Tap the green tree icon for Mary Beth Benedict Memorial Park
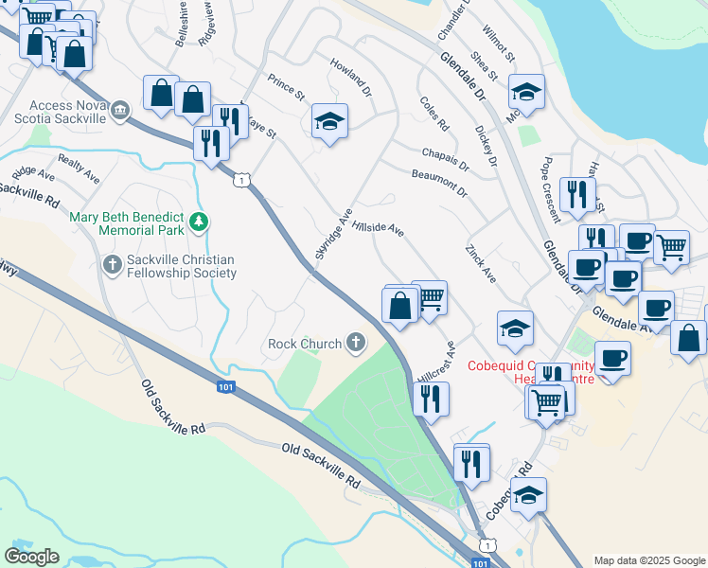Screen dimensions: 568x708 coord(198,222)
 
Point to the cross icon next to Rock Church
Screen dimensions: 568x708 coord(356,343)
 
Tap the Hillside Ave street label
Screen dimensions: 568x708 coord(378,230)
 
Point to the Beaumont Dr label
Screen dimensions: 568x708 coord(439,182)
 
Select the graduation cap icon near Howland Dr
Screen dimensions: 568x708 coord(329,121)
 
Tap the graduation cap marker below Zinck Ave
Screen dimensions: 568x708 coord(515,328)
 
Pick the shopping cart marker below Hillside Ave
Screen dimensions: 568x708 coord(430,297)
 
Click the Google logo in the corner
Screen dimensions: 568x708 coord(32,557)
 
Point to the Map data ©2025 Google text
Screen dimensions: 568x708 coord(648,560)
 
